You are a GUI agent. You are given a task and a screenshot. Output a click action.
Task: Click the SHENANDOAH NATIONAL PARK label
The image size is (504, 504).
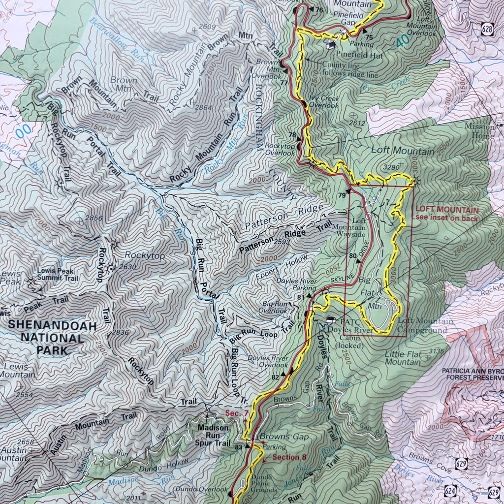[45, 338]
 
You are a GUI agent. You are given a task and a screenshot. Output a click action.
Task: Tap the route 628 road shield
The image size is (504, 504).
[487, 30]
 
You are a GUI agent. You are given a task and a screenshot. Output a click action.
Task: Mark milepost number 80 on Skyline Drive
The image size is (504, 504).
[352, 255]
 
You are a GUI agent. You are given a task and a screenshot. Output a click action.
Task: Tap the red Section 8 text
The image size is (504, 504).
[286, 457]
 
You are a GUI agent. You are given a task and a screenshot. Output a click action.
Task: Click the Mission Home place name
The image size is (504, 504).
[479, 131]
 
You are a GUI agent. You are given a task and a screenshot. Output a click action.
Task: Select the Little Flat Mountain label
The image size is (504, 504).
[403, 358]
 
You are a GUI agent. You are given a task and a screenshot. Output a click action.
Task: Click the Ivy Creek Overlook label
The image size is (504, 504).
[324, 102]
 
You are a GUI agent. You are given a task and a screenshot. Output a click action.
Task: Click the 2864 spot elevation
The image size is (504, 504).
[203, 107]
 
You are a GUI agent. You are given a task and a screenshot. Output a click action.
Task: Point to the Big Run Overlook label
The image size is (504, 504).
[274, 308]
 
